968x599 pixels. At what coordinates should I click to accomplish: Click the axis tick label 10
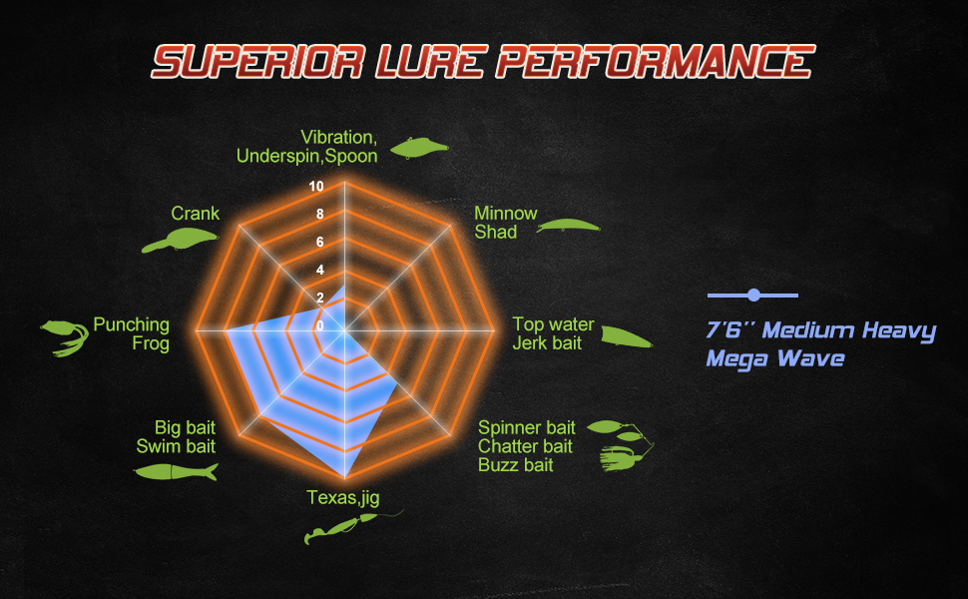(x=316, y=187)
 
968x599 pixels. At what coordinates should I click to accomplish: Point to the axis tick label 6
(x=320, y=243)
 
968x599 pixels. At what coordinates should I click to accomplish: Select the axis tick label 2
(x=320, y=298)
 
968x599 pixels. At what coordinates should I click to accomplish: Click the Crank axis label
(x=195, y=214)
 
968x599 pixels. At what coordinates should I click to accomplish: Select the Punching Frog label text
(x=132, y=334)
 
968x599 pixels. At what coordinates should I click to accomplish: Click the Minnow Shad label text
(x=505, y=223)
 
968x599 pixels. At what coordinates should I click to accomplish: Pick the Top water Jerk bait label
(x=553, y=334)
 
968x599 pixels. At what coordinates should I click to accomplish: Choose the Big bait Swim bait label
(x=176, y=437)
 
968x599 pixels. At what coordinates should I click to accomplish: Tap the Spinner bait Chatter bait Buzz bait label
(x=525, y=446)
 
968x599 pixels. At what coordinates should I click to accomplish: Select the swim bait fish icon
(x=175, y=471)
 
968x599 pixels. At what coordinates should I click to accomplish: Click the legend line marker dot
(x=753, y=296)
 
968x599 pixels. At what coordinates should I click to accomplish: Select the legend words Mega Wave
(x=774, y=357)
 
